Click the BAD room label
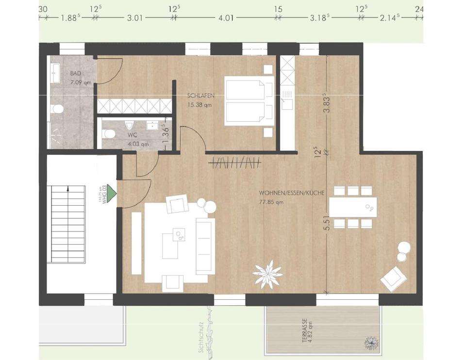click(x=75, y=74)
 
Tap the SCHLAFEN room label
click(x=200, y=96)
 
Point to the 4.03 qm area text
click(x=138, y=144)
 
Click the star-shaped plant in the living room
click(x=267, y=274)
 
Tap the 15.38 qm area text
click(x=199, y=104)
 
